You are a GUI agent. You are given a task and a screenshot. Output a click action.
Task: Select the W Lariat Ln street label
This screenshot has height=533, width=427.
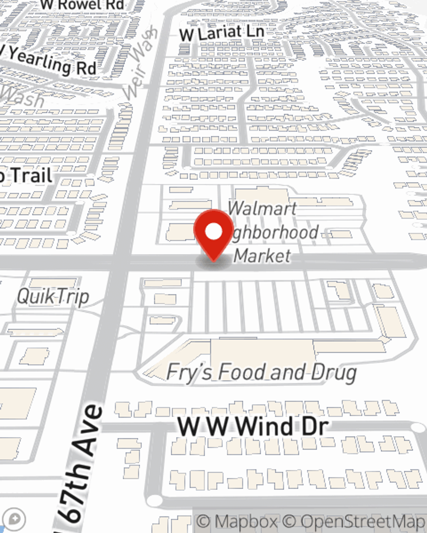click(221, 33)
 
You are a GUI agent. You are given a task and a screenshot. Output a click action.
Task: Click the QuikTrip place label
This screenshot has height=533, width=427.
click(53, 296)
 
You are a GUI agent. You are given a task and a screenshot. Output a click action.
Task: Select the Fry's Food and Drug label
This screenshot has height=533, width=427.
click(261, 372)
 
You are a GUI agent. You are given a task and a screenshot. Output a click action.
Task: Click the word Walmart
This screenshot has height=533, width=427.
click(262, 209)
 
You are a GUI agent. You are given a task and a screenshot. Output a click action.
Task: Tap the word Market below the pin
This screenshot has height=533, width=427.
click(263, 255)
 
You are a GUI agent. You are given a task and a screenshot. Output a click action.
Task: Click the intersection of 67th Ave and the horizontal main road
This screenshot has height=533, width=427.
click(120, 261)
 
